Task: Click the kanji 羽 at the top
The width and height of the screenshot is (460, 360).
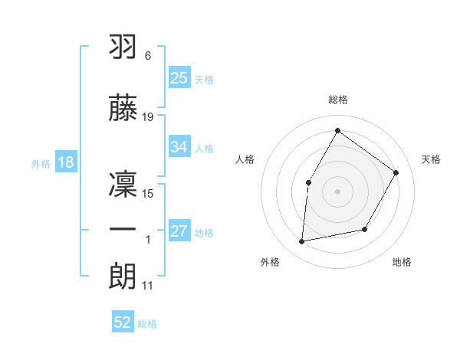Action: click(x=124, y=47)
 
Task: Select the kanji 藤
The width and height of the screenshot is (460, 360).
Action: click(x=124, y=108)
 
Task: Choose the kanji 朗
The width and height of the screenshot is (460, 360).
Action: click(x=124, y=276)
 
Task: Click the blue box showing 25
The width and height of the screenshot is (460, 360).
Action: click(x=179, y=78)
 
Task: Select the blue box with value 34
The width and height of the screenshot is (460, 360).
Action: click(x=179, y=147)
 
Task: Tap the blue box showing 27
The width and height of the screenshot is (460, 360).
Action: click(x=179, y=232)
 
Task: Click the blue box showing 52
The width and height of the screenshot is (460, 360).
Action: click(x=123, y=323)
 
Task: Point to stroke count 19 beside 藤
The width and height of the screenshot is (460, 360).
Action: click(x=148, y=117)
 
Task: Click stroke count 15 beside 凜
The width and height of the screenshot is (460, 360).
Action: click(x=148, y=193)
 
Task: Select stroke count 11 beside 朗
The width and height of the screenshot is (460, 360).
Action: click(x=148, y=286)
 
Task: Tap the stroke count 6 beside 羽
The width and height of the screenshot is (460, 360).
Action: click(x=147, y=56)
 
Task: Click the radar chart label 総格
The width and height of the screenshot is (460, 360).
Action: click(x=337, y=100)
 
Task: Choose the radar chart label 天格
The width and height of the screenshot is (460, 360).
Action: click(x=431, y=159)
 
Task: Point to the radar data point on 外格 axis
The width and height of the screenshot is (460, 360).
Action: click(x=302, y=242)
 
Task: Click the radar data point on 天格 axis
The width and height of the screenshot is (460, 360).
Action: click(x=396, y=173)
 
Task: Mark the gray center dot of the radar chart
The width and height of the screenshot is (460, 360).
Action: click(x=337, y=191)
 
